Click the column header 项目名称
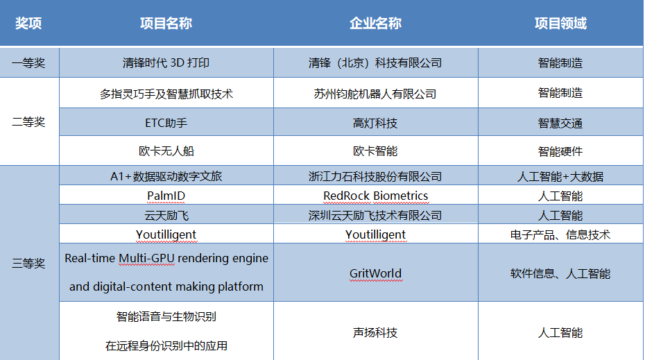166,23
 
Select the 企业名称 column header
376,23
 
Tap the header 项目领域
560,23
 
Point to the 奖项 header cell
28,23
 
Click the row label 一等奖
28,63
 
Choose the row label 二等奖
28,122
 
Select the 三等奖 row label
28,264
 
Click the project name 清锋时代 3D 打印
166,63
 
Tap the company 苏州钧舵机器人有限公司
375,94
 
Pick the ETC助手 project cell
166,123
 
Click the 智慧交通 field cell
560,123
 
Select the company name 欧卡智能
375,151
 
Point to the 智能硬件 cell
560,151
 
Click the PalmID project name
166,196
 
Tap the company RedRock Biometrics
376,196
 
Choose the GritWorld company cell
376,273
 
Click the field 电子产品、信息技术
560,235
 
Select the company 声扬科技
375,332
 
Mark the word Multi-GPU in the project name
146,258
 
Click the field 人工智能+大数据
560,176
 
